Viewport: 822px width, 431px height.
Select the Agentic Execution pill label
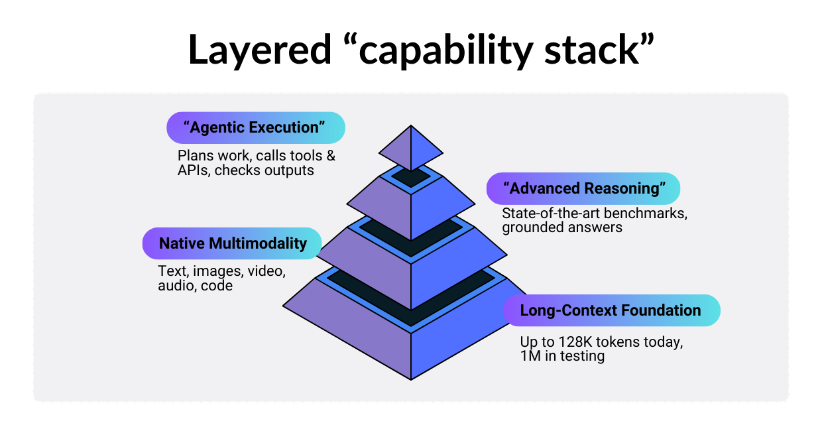[255, 128]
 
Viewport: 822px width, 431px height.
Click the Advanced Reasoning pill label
[583, 188]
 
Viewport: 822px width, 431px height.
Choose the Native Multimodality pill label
[233, 243]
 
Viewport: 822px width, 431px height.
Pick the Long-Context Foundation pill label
[610, 310]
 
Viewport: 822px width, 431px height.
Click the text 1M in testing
[562, 357]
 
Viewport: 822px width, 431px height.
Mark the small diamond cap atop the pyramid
[411, 147]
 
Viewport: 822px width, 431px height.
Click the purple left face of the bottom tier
[351, 325]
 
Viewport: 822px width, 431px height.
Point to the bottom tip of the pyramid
[411, 379]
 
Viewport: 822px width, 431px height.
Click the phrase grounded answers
[562, 227]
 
